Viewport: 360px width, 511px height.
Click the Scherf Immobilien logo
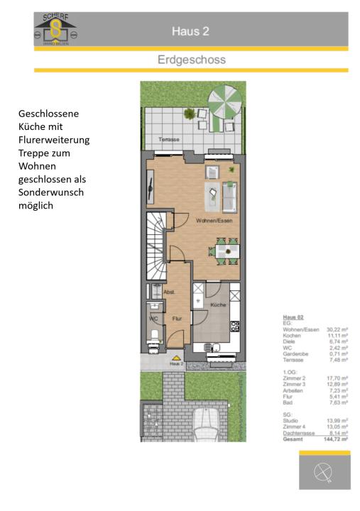tap(55, 31)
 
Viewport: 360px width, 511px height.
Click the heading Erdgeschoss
tap(191, 60)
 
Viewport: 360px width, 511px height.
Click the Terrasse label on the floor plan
tap(169, 139)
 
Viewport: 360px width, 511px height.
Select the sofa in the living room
tap(231, 197)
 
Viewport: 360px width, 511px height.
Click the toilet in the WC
tap(153, 336)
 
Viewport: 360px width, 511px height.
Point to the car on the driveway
tap(206, 425)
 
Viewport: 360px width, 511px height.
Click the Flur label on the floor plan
tap(177, 319)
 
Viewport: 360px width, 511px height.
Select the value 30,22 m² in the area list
tap(337, 329)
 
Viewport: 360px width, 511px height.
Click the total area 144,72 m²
tap(336, 440)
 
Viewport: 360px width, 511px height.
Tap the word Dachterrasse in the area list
tap(297, 434)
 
